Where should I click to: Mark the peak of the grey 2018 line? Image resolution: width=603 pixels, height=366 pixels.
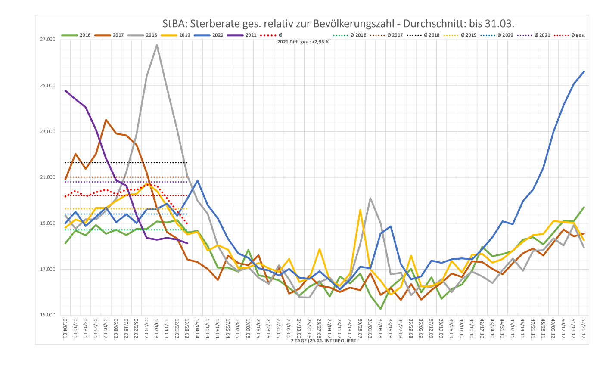(157, 45)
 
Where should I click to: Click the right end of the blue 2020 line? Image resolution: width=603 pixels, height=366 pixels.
(584, 71)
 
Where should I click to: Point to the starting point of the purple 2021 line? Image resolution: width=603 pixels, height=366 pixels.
(65, 90)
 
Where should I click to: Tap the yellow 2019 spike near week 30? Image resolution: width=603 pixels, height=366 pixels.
(360, 210)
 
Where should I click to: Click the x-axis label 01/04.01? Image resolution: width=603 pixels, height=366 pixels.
(65, 329)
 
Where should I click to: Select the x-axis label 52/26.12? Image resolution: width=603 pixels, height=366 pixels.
(584, 329)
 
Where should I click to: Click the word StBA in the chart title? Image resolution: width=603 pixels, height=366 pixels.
(176, 23)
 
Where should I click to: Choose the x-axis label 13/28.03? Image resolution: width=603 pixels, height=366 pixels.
(187, 329)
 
